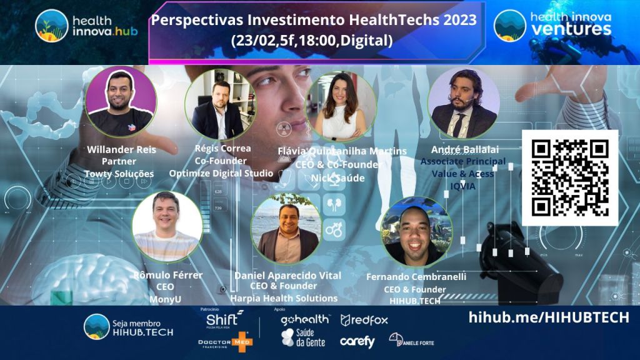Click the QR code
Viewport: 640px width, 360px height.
coord(569,177)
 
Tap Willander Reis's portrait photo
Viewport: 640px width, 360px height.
coord(121,102)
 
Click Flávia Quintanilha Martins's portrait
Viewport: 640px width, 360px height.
coord(341,107)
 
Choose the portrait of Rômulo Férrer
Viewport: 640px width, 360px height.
coord(167,227)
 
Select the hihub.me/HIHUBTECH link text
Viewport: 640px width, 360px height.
coord(549,318)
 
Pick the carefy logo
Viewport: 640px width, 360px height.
coord(357,342)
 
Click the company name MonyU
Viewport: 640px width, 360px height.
coord(166,299)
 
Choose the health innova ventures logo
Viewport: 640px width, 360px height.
coord(552,25)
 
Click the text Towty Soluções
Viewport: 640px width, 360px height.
coord(119,173)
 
